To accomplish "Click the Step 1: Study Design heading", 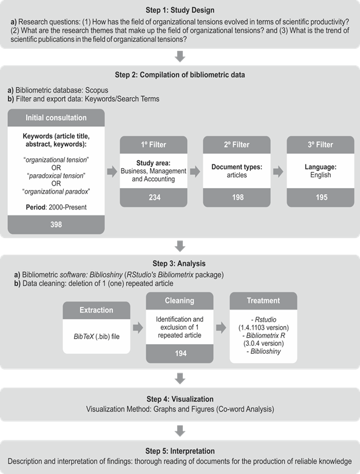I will pyautogui.click(x=180, y=10).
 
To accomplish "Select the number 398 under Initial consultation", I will pyautogui.click(x=56, y=225).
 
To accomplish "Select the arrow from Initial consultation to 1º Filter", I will pyautogui.click(x=112, y=172).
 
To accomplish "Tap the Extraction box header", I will pyautogui.click(x=97, y=310).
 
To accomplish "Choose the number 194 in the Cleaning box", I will pyautogui.click(x=180, y=352).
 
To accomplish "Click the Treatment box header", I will pyautogui.click(x=263, y=300).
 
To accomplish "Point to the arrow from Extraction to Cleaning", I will pyautogui.click(x=138, y=327).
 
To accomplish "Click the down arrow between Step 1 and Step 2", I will pyautogui.click(x=180, y=56).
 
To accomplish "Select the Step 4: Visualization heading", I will pyautogui.click(x=180, y=400).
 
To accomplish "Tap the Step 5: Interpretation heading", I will pyautogui.click(x=180, y=452).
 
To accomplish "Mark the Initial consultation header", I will pyautogui.click(x=56, y=117).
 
